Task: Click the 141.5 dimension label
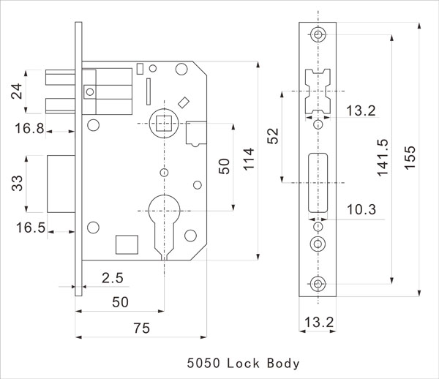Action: point(383,158)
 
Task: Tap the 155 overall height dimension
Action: point(410,157)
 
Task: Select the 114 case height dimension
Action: point(249,159)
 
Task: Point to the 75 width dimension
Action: point(142,328)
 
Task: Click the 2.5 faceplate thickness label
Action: point(113,278)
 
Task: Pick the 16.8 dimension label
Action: point(29,129)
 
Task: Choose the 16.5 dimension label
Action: point(31,228)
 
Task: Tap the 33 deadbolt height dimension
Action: point(17,183)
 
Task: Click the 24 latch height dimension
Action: point(17,91)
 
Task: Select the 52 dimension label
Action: point(273,136)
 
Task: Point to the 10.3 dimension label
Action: point(361,209)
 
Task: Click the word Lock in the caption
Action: point(243,364)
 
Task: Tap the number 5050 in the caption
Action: point(203,364)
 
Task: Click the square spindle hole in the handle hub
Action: point(164,124)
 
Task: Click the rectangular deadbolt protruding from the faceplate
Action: point(61,184)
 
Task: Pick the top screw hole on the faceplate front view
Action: point(318,34)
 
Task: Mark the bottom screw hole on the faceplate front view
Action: point(318,284)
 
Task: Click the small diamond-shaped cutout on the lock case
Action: point(184,102)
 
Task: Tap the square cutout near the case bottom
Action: point(127,244)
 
